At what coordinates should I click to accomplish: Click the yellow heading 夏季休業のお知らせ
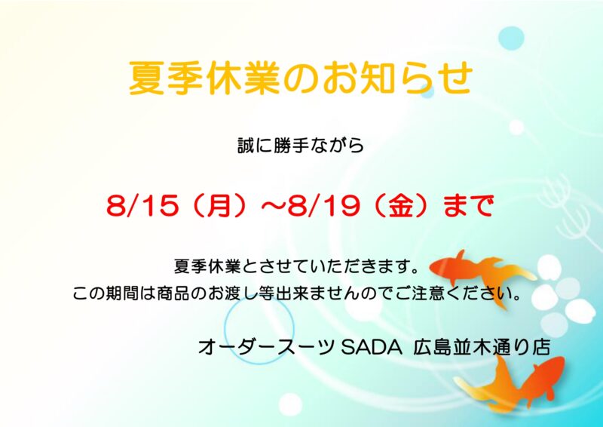300,78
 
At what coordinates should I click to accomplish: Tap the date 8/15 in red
142,207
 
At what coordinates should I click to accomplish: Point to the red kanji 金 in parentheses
403,207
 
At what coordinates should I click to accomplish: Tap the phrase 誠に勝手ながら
301,146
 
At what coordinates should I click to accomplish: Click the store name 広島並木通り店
482,348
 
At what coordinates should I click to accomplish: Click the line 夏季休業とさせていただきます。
296,267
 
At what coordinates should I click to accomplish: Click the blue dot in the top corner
512,38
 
